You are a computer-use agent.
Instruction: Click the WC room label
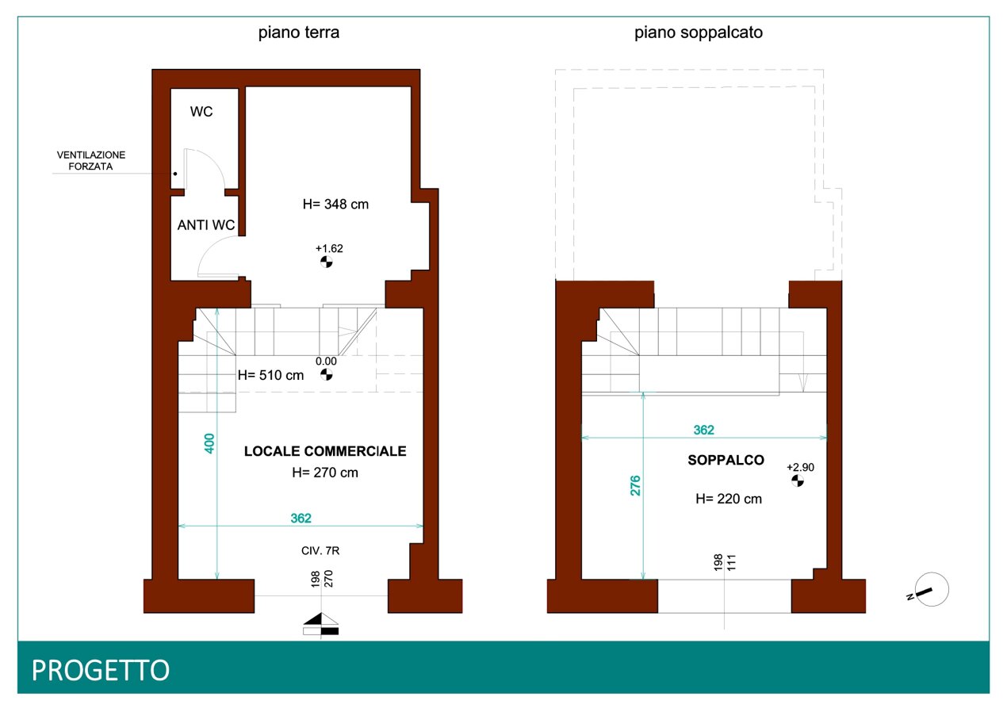coord(201,112)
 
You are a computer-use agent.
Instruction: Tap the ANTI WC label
coord(206,224)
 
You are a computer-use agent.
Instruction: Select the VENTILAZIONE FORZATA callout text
coord(91,160)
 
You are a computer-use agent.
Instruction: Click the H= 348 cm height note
coord(335,204)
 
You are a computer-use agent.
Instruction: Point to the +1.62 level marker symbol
coord(327,262)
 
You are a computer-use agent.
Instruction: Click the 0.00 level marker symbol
coord(327,374)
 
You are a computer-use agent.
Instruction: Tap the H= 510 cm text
coord(270,375)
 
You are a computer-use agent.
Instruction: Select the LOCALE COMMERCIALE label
coord(325,451)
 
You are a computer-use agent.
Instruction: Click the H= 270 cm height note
coord(325,473)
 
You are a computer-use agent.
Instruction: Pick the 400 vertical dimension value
coord(209,444)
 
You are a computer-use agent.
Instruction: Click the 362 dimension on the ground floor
coord(301,519)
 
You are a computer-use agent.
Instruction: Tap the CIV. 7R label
coord(320,550)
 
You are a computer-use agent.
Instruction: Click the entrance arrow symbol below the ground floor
coord(321,623)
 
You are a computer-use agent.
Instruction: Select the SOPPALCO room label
coord(726,460)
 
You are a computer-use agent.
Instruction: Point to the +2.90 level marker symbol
coord(798,480)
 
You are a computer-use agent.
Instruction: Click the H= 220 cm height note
coord(729,499)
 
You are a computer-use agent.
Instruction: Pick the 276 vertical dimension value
coord(635,486)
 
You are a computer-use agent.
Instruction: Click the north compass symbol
coord(931,589)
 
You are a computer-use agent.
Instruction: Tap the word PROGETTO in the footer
coord(101,670)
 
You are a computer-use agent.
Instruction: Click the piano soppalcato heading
coord(698,33)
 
